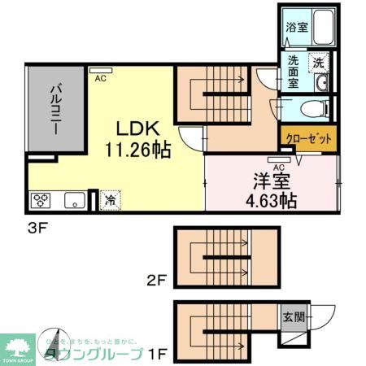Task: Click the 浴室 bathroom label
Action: coord(296,26)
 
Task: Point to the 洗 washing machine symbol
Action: coord(320,63)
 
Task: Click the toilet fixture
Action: coord(312,108)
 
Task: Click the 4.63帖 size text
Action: coord(268,199)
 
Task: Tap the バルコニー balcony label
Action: coord(53,111)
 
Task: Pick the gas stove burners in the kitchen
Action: coord(41,199)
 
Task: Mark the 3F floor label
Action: coord(39,227)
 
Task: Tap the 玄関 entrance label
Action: coord(294,317)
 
